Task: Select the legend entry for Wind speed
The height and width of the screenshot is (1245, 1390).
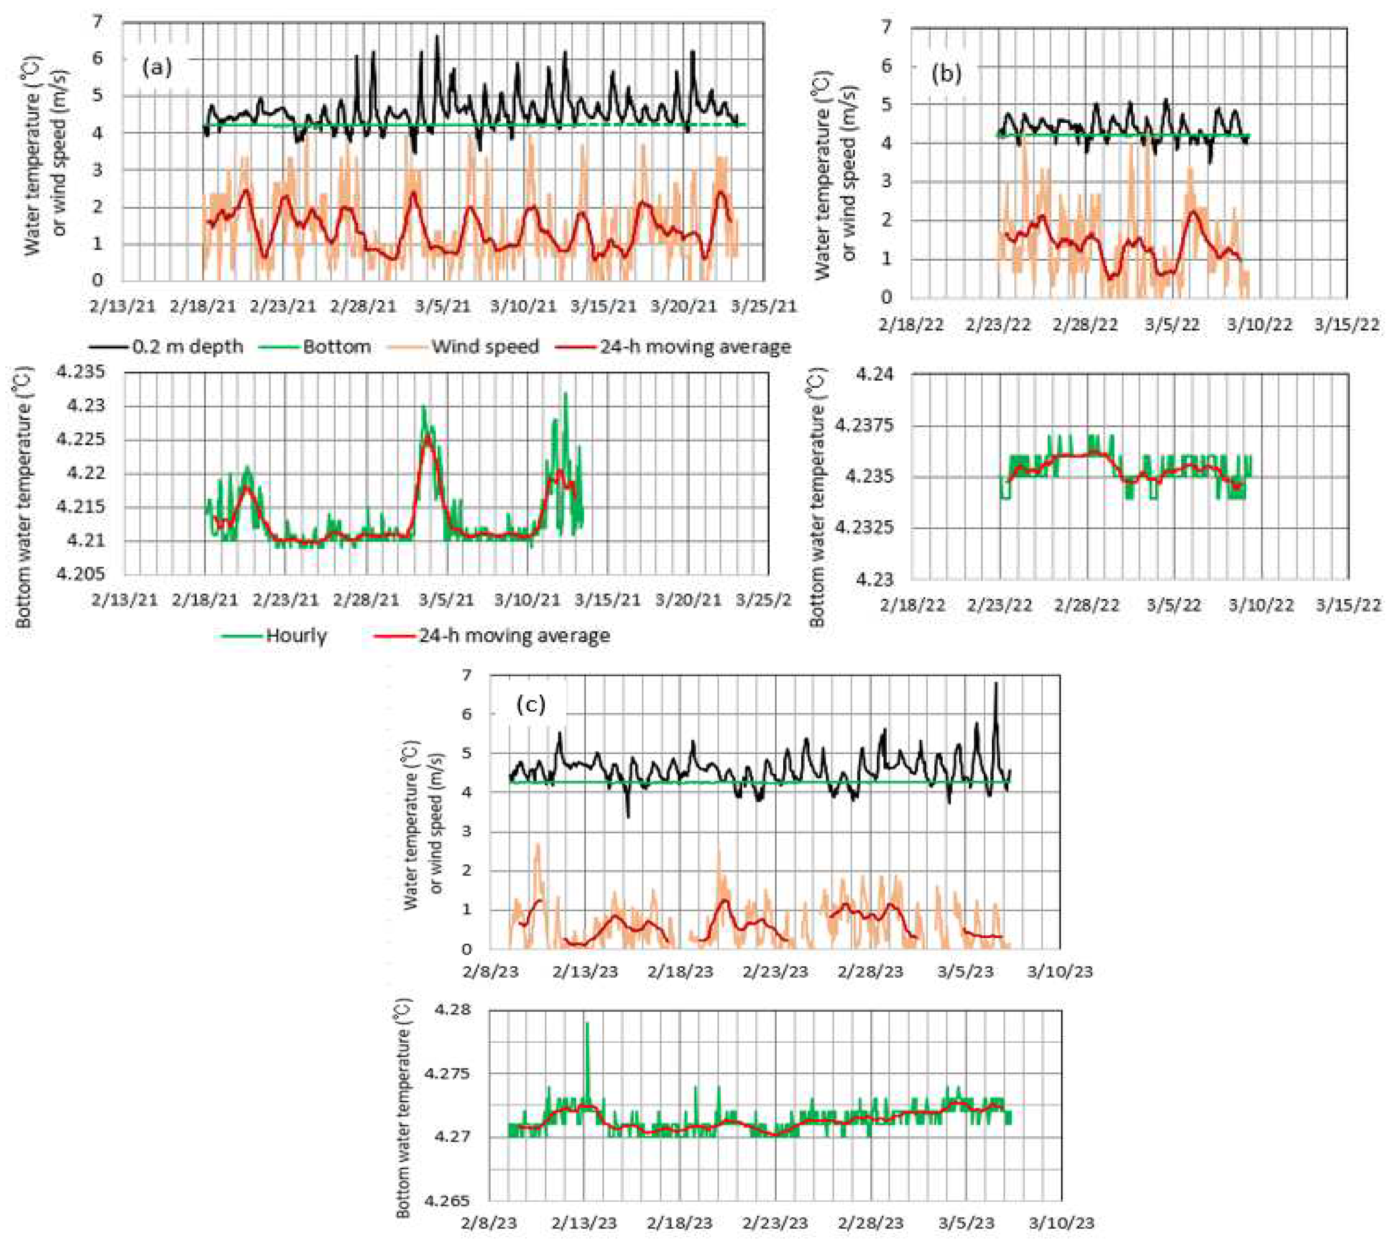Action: [x=484, y=347]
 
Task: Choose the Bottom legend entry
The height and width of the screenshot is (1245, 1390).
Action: [x=337, y=347]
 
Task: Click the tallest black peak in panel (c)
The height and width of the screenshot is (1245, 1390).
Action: [x=996, y=683]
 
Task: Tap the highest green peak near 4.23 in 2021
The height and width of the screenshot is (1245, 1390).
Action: [x=565, y=393]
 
